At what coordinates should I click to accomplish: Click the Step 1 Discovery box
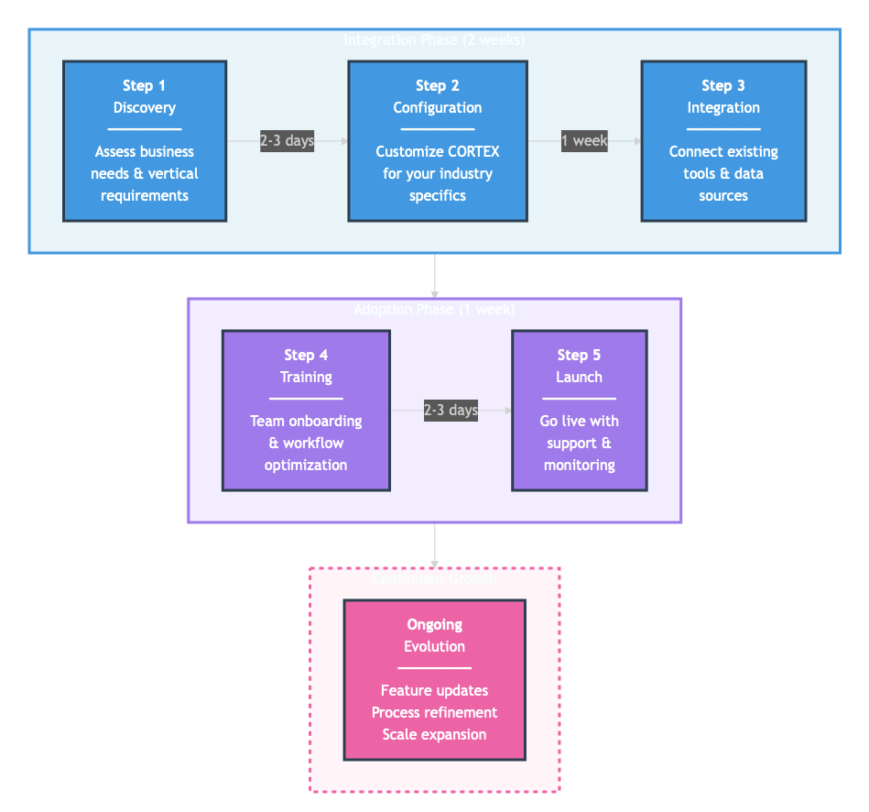click(x=145, y=141)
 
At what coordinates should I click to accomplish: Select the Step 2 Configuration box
click(x=438, y=141)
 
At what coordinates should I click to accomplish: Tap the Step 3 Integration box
click(x=723, y=141)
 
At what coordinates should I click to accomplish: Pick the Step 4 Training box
click(x=306, y=411)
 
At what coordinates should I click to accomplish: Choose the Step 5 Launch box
click(x=579, y=411)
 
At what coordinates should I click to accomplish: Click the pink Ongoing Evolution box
click(x=434, y=680)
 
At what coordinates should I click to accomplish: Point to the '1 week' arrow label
click(x=584, y=141)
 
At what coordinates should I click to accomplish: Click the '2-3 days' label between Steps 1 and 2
click(x=287, y=141)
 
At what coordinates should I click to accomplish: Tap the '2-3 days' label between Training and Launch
click(x=451, y=411)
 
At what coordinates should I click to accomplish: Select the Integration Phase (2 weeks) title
click(x=434, y=40)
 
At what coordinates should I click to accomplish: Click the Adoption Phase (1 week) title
click(x=434, y=310)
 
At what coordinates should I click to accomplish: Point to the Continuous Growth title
click(x=434, y=579)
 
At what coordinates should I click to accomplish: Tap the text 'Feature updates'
click(x=434, y=691)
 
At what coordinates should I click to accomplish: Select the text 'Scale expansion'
click(x=434, y=735)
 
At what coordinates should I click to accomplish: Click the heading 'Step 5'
click(x=579, y=356)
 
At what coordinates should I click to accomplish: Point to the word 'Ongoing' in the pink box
click(x=434, y=625)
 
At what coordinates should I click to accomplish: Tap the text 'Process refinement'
click(x=434, y=713)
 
